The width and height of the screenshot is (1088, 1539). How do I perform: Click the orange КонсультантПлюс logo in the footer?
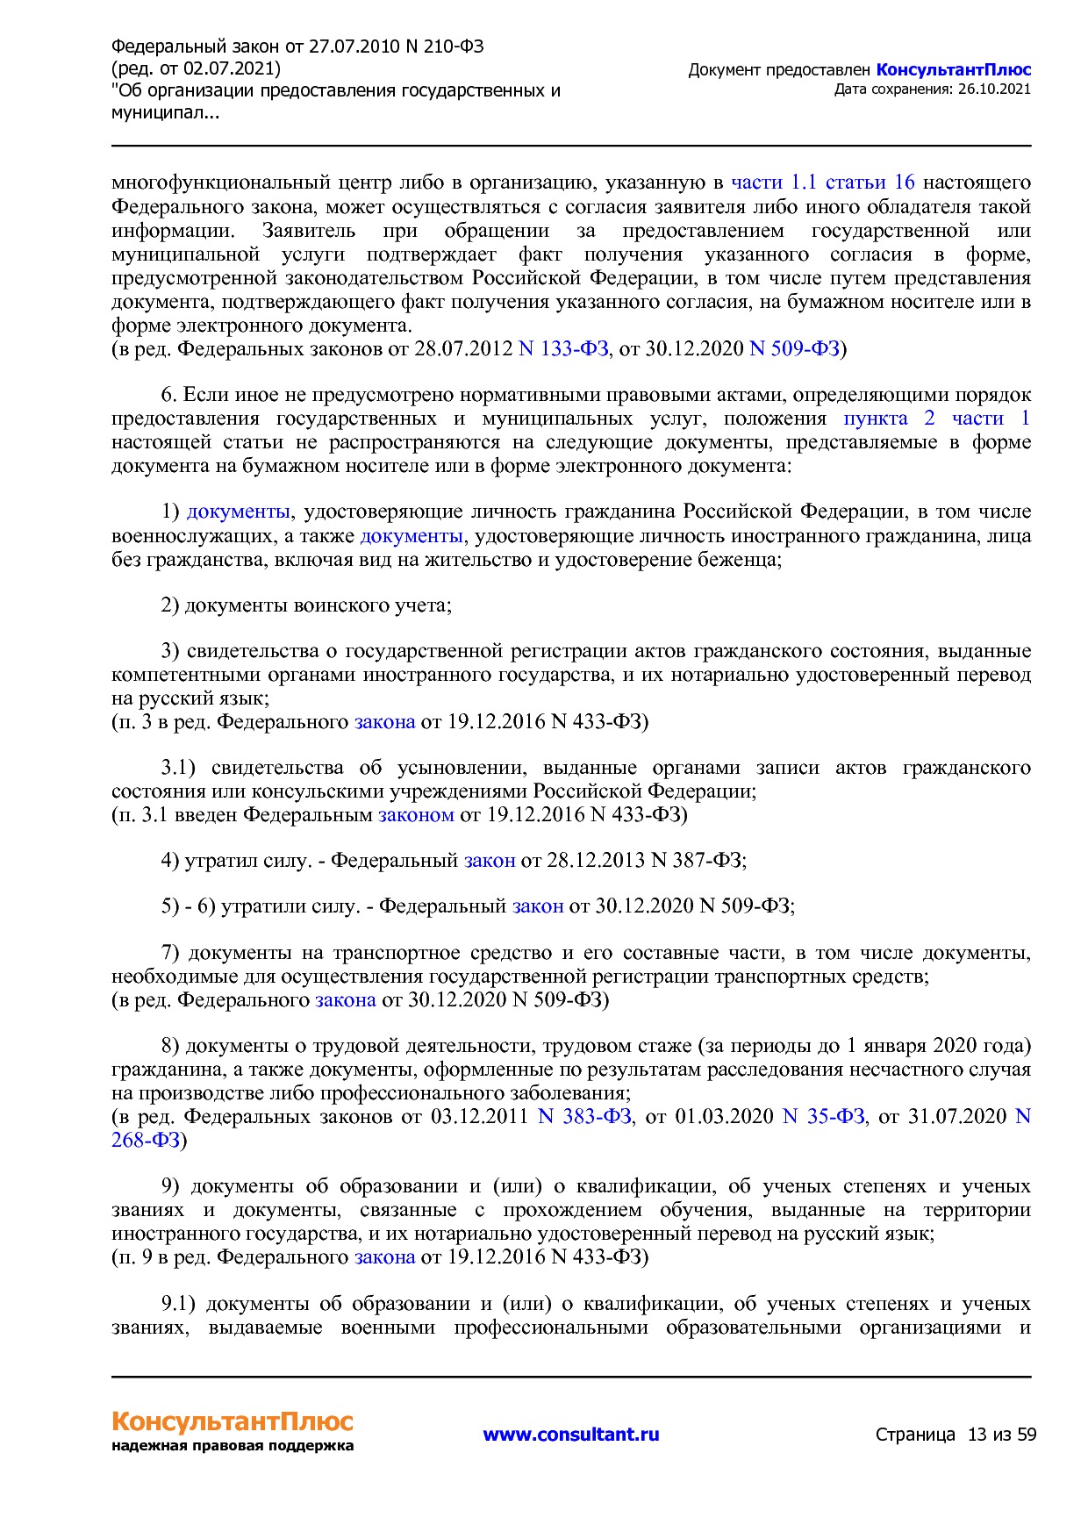232,1421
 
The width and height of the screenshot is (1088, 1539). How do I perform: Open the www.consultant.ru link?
570,1435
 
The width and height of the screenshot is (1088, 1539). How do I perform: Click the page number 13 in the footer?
977,1435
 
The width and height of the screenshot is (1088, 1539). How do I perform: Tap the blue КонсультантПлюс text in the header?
953,70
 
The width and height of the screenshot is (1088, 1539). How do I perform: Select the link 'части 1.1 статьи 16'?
822,183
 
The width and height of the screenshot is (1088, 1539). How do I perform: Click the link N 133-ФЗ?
563,349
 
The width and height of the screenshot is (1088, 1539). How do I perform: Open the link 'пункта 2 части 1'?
936,419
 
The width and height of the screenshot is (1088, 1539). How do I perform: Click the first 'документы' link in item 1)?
239,512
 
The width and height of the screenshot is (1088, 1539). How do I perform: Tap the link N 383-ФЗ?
584,1116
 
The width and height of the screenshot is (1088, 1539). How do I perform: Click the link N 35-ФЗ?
823,1116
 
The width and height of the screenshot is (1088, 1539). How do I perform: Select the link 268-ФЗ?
146,1140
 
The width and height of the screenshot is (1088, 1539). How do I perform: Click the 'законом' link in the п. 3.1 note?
416,814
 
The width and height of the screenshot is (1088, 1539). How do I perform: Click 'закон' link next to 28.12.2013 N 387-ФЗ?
489,860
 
